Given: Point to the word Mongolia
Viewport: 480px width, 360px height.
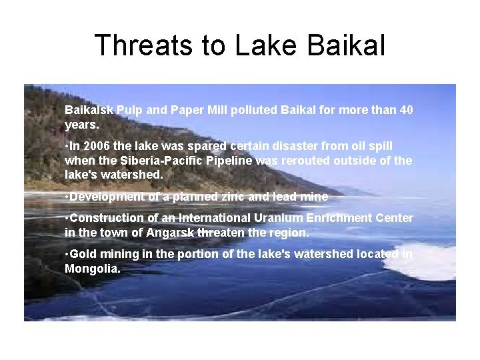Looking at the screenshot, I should tap(91, 269).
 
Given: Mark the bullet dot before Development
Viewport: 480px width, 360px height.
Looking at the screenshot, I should tap(67, 197).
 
